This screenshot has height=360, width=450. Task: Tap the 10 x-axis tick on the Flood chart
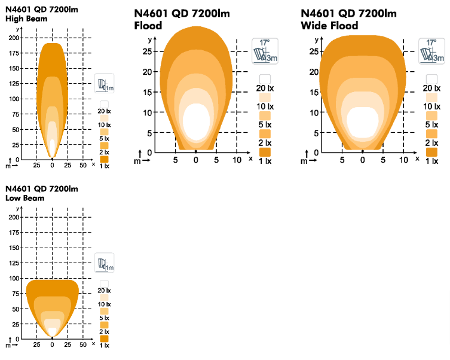click(237, 160)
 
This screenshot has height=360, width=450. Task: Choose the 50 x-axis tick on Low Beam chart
click(83, 345)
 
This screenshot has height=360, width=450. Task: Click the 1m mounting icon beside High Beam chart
click(105, 84)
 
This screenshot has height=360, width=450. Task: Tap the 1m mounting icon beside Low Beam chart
click(105, 263)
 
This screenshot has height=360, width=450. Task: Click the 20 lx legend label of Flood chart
click(265, 89)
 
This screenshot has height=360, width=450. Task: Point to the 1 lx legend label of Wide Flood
click(431, 161)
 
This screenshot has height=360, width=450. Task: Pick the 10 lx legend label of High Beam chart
click(104, 124)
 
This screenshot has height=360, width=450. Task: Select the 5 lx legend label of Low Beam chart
click(104, 318)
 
